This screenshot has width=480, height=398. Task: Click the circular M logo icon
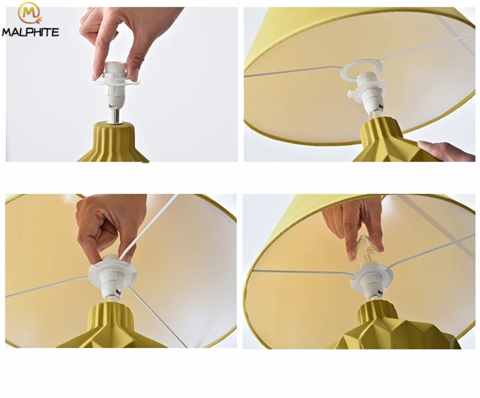[x=29, y=14]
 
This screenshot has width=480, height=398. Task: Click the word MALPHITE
[x=31, y=32]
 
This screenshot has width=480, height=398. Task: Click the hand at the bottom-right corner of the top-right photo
[x=447, y=151]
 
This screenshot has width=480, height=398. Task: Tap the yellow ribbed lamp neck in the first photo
[x=115, y=141]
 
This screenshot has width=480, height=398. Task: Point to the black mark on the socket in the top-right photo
[x=381, y=106]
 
